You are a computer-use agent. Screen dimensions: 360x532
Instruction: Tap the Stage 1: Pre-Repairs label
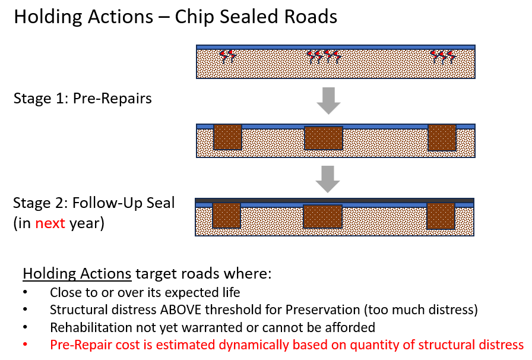(x=83, y=98)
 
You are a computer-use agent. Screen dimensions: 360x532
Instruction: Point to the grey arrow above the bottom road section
(x=327, y=179)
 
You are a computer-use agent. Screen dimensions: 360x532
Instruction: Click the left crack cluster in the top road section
(x=227, y=56)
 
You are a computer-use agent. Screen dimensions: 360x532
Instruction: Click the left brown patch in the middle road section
(x=227, y=137)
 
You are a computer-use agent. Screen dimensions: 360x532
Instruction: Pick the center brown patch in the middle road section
(x=324, y=138)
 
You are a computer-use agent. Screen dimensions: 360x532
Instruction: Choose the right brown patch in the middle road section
(x=442, y=137)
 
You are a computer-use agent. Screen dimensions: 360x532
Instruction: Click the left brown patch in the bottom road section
(x=226, y=216)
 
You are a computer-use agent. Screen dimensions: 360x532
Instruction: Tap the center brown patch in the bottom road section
(x=322, y=216)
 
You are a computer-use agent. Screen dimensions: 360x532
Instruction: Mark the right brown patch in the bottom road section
(x=441, y=216)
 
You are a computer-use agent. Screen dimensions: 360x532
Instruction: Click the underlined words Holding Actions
(x=77, y=274)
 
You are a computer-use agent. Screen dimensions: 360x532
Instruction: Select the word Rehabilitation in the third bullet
(x=87, y=327)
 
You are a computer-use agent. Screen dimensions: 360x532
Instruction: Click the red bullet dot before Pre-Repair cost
(x=24, y=345)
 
